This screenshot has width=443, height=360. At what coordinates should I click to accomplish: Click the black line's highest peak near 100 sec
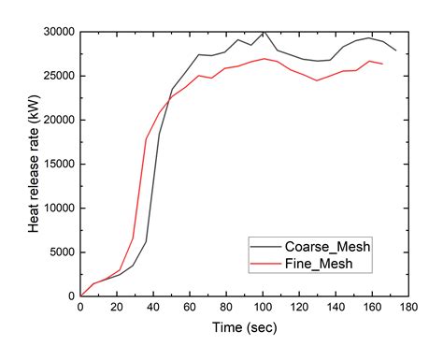tap(264, 32)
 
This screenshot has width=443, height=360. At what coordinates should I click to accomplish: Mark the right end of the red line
tap(382, 64)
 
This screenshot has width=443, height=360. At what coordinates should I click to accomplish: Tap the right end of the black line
tap(395, 50)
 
